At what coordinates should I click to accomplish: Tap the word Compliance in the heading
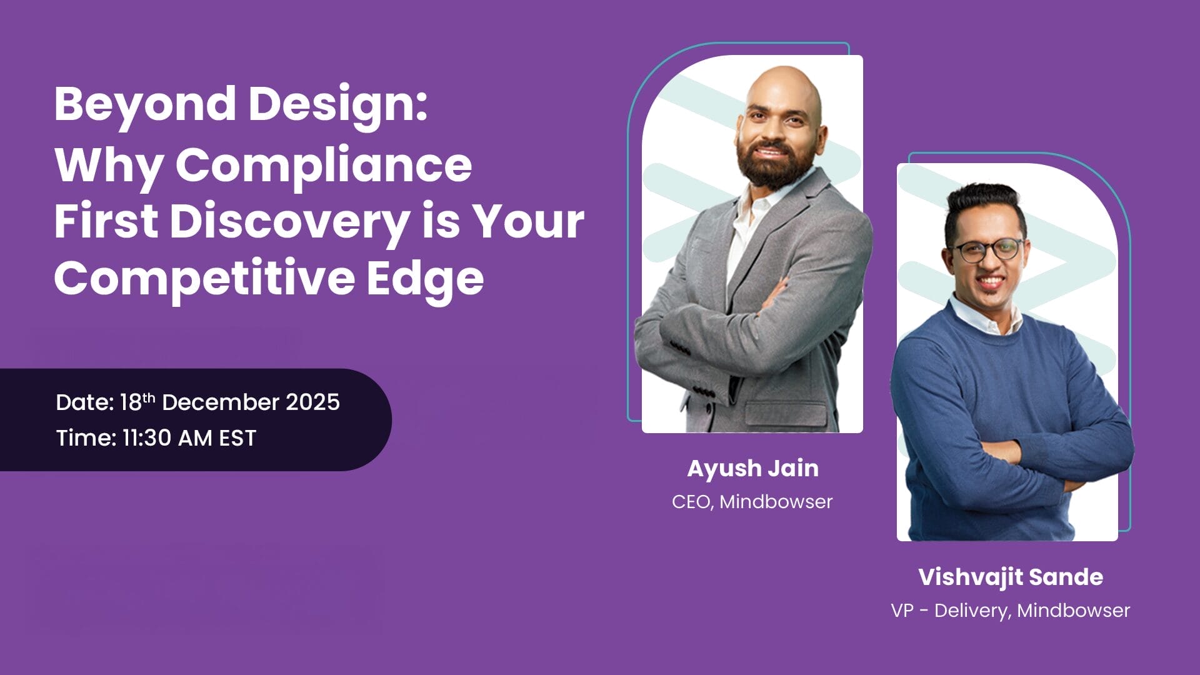coord(324,166)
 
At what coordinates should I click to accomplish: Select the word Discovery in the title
coord(289,222)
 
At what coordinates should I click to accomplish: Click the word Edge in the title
coord(425,278)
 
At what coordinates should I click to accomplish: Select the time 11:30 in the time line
coord(147,438)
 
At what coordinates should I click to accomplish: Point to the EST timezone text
coord(237,438)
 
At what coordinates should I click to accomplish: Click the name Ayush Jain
coord(752,468)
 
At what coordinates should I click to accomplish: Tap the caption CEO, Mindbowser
coord(752,501)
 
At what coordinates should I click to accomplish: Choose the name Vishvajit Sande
coord(1011,577)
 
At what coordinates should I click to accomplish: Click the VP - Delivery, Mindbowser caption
coord(1011,610)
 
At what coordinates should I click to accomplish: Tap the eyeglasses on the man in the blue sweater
coord(987,250)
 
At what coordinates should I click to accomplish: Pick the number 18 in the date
coord(131,402)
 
